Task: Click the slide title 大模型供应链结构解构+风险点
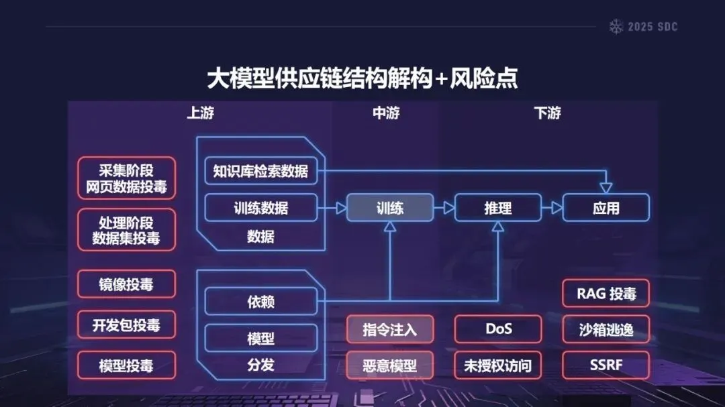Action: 362,78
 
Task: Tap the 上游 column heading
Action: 200,113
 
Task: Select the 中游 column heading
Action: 386,113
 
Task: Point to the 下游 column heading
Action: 548,113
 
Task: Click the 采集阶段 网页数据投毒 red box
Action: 126,178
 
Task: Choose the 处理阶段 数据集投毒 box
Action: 126,230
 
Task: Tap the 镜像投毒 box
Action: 126,284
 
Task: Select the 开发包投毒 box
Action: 126,325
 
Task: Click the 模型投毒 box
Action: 126,365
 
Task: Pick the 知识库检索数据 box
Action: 260,171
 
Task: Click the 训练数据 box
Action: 260,208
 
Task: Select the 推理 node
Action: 497,208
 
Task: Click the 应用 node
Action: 606,208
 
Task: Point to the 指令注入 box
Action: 390,329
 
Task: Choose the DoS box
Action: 498,329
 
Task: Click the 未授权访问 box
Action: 498,365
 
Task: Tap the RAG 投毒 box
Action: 606,293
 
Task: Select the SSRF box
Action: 606,365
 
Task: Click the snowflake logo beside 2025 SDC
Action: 616,27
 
